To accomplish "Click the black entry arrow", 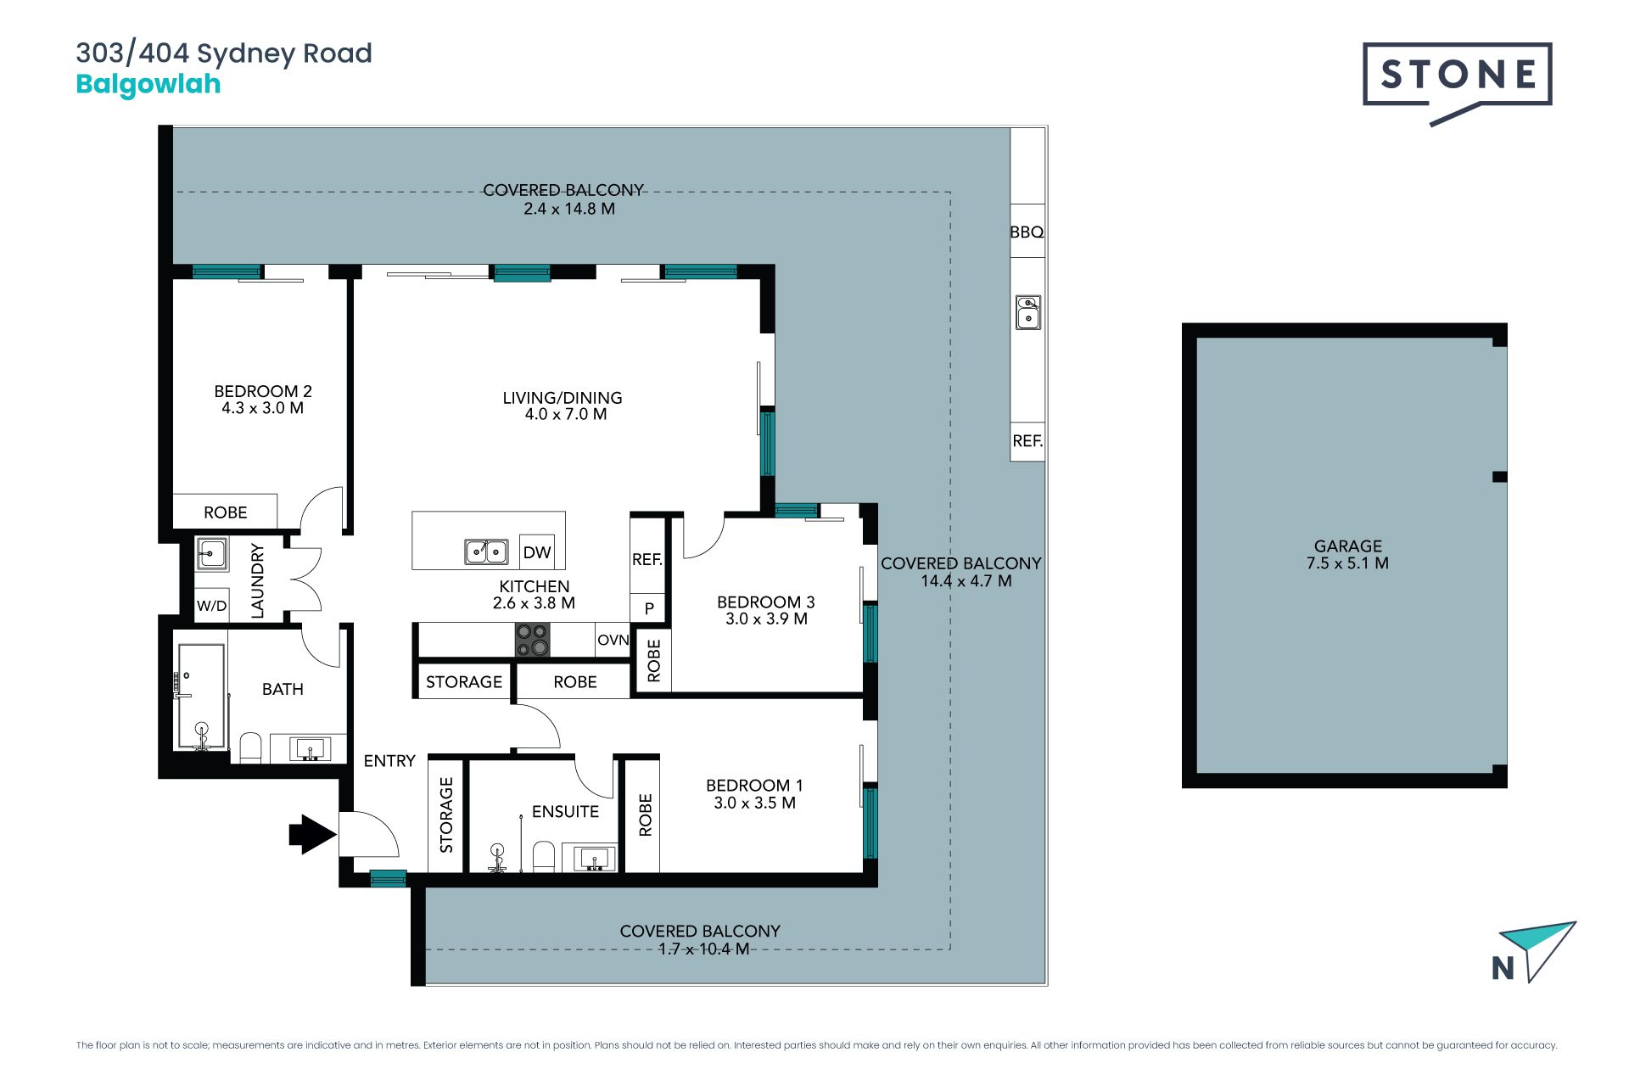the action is [312, 834].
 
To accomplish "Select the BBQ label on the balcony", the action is [1027, 232].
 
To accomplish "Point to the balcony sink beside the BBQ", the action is [1028, 312].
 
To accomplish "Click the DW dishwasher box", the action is [537, 552].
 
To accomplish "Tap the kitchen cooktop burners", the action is [533, 640].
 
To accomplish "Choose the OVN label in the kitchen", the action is [613, 640].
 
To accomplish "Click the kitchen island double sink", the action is [486, 551].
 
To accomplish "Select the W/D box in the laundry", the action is [211, 606].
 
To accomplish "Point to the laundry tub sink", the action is [211, 553].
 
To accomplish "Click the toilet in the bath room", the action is [250, 747].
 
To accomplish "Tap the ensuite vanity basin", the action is [596, 859].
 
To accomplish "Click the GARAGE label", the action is [1348, 546].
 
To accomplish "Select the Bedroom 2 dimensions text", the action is [263, 408].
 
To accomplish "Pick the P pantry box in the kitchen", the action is [649, 608].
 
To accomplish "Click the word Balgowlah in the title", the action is [148, 84].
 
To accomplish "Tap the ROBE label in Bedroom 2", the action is [226, 512].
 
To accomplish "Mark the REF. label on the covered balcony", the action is [1027, 441].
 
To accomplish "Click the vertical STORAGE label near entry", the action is [446, 814].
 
